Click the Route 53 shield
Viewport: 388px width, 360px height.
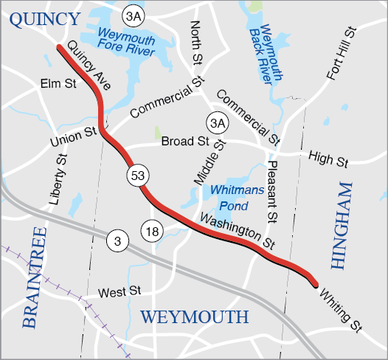tap(138, 176)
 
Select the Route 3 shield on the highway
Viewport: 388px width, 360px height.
tap(117, 240)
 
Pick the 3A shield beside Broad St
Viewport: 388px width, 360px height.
tap(216, 122)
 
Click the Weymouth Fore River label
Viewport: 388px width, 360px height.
tap(126, 44)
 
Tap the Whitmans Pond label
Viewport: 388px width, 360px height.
tap(232, 196)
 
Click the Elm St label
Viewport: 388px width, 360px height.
tap(60, 85)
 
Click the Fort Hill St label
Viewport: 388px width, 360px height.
tap(340, 54)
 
